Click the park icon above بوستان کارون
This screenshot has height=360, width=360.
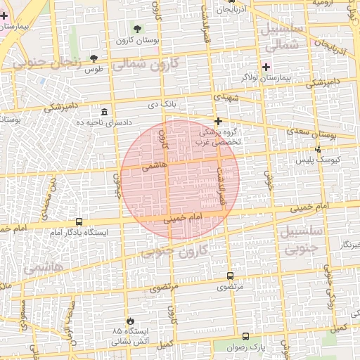tap(137, 29)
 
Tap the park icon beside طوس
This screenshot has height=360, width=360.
tap(94, 58)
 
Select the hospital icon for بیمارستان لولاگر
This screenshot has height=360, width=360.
tap(266, 67)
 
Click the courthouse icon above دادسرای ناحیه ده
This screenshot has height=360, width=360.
tap(104, 112)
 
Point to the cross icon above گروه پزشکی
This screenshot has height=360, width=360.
tap(218, 122)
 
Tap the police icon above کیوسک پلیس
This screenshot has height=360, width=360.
tap(319, 149)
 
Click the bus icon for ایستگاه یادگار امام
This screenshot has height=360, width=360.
tap(78, 221)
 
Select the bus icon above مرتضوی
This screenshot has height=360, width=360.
tap(231, 276)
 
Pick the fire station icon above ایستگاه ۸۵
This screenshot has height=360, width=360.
tap(129, 320)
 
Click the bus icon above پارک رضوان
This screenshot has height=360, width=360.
tap(245, 337)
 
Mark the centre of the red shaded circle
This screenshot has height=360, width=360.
tap(180, 179)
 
